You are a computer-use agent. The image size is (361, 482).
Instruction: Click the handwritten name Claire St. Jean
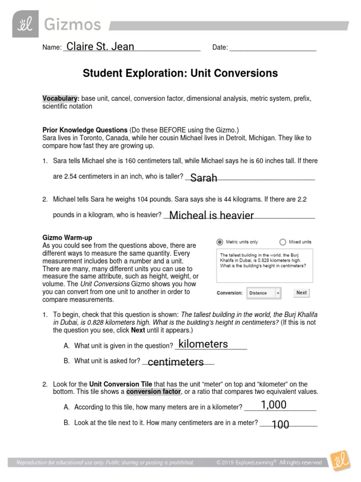tap(100, 47)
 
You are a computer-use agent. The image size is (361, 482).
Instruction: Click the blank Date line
tap(273, 48)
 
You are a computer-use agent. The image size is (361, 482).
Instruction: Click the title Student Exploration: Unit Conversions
tap(180, 73)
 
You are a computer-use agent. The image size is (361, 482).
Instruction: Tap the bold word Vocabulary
tap(61, 98)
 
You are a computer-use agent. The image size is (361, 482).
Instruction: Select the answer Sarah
tap(204, 177)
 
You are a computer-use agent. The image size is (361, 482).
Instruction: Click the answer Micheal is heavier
tap(211, 215)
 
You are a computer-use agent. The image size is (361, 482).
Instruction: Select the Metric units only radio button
tap(220, 242)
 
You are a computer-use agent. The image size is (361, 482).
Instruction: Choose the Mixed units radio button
tap(283, 242)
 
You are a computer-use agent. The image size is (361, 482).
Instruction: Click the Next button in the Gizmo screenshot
tap(301, 293)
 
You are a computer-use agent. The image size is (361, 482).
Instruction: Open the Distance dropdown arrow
tap(278, 293)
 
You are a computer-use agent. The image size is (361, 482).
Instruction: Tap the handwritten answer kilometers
tap(204, 344)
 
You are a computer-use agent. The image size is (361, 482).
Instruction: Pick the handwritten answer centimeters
tap(175, 361)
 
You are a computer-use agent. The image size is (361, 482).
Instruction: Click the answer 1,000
tap(274, 405)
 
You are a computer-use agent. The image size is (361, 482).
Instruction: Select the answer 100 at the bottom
tap(280, 425)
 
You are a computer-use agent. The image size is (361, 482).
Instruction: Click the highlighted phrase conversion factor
tap(153, 392)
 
